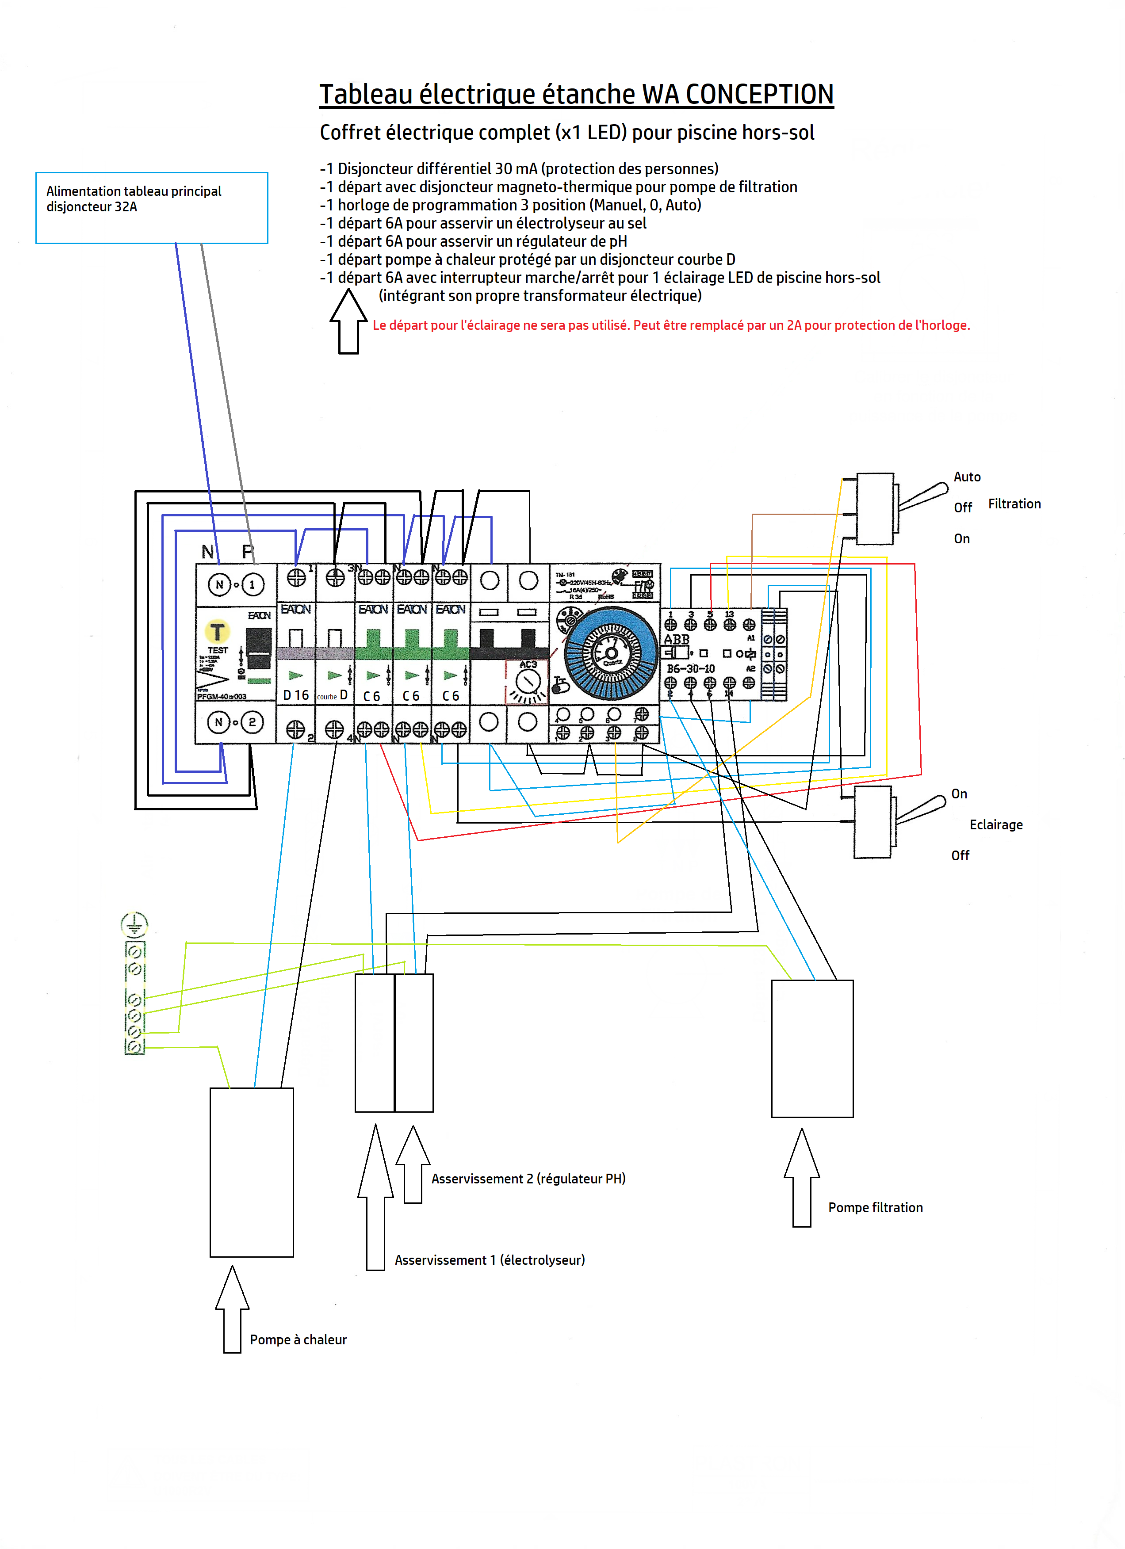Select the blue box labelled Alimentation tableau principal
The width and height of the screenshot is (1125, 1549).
152,208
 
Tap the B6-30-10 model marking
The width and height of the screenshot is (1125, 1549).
691,669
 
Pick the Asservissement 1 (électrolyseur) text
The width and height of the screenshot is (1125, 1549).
490,1260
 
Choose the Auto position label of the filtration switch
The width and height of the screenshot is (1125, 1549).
967,477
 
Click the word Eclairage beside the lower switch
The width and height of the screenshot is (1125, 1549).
996,824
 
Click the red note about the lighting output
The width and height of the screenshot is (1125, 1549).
671,325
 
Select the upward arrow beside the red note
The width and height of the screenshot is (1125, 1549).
348,321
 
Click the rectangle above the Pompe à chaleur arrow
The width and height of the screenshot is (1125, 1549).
251,1172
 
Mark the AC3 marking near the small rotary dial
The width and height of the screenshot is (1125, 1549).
528,664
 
